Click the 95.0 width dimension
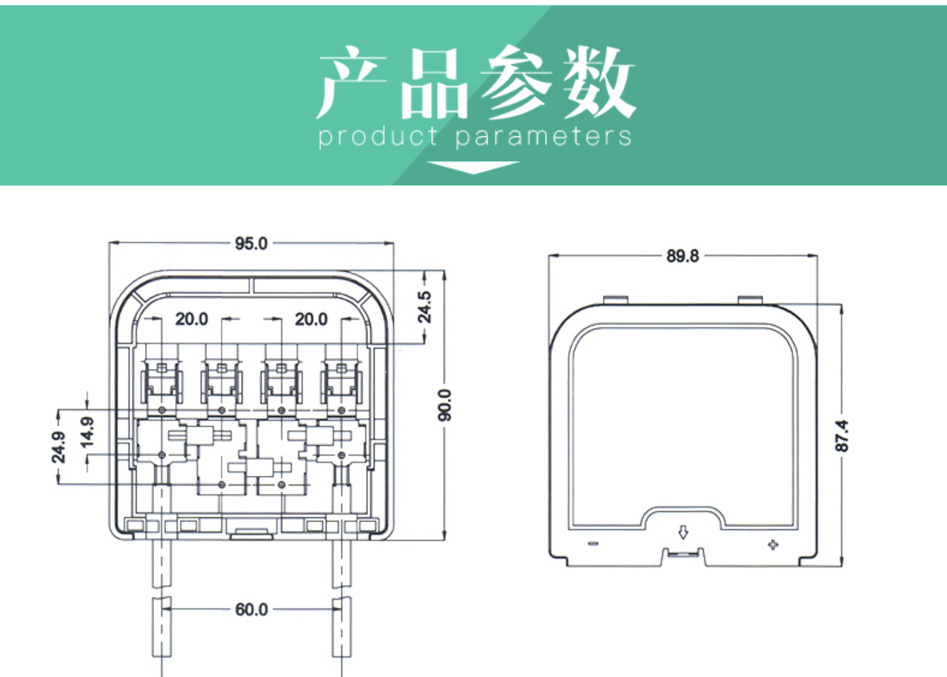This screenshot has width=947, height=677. point(251,244)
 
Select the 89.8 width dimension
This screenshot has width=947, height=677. point(682,256)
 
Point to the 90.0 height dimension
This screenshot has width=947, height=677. point(445,405)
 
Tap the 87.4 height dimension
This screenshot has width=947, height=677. point(842,435)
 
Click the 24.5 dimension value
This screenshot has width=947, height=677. point(424,307)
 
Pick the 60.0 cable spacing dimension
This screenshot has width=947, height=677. point(251,609)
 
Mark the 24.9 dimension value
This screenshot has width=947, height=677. point(59,447)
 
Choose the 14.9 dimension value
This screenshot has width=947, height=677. point(87,432)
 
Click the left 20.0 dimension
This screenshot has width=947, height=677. point(192,319)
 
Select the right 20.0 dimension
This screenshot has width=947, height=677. point(311,319)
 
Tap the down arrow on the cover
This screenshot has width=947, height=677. point(683,532)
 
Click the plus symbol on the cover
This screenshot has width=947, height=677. point(773,545)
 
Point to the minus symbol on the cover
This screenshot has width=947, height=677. point(593,543)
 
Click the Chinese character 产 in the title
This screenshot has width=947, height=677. point(351,83)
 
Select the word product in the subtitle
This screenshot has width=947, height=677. point(378,136)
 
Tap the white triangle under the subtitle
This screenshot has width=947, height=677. point(473,167)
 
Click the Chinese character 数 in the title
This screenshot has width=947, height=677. point(599,83)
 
